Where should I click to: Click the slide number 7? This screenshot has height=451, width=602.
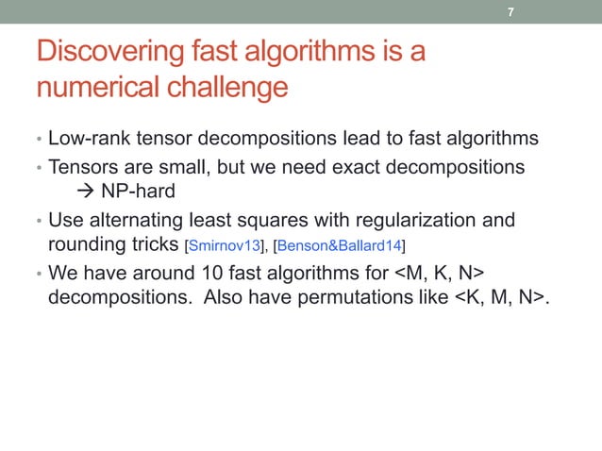pyautogui.click(x=510, y=13)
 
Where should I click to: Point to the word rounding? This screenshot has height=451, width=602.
pyautogui.click(x=85, y=246)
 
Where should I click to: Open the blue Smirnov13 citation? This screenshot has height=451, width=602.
pyautogui.click(x=225, y=247)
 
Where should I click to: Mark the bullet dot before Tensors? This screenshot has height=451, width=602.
pyautogui.click(x=38, y=168)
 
